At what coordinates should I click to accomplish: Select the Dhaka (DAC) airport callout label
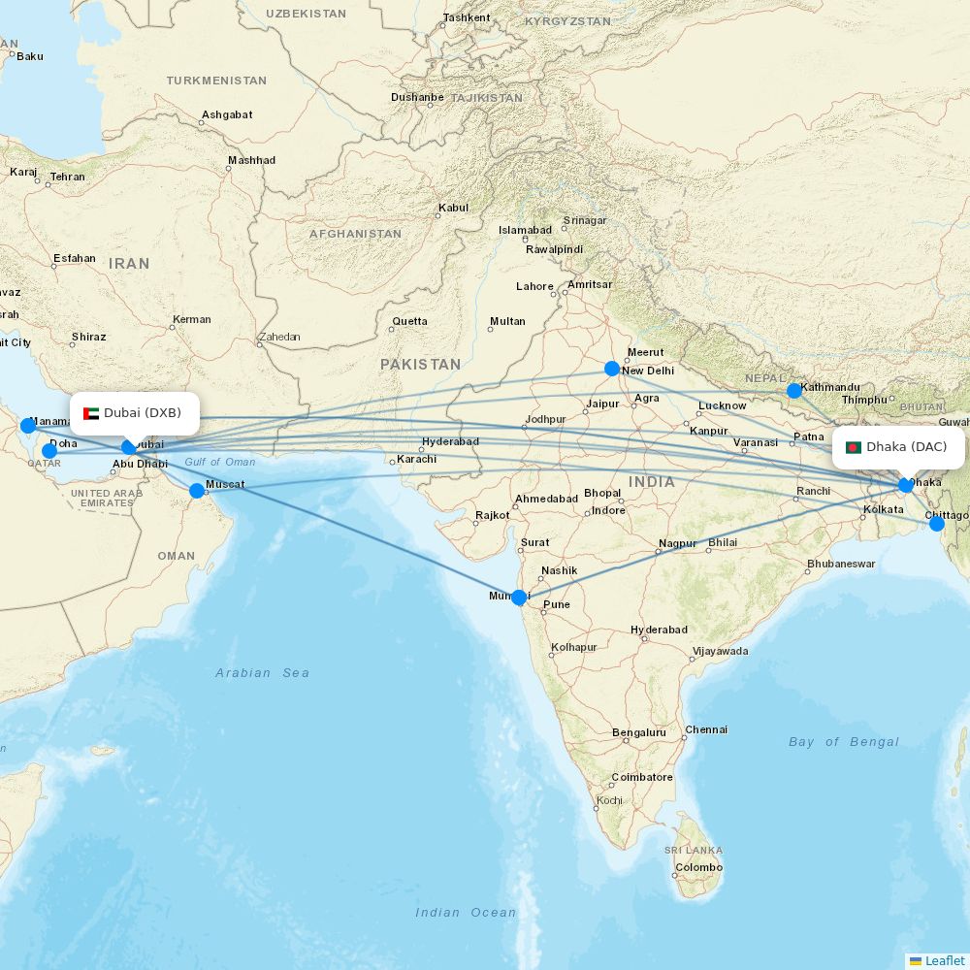[898, 447]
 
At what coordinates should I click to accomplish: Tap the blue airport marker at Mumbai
[519, 598]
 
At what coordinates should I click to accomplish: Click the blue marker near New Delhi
[612, 369]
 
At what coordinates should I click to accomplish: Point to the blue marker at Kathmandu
[794, 391]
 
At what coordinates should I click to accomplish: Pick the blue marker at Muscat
[197, 491]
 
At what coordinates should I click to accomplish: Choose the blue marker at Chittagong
[937, 524]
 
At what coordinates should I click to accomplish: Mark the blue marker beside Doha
[49, 451]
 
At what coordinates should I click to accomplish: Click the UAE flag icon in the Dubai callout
[92, 413]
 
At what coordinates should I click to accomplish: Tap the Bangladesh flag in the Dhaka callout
[854, 447]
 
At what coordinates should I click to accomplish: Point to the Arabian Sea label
[262, 673]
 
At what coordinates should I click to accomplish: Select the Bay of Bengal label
[844, 742]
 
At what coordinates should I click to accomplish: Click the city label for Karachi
[418, 458]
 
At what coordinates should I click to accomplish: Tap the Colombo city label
[699, 867]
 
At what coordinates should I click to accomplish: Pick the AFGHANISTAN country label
[355, 234]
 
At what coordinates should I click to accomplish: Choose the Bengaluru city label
[639, 732]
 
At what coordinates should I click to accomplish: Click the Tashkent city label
[467, 17]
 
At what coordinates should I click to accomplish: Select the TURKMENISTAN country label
[216, 81]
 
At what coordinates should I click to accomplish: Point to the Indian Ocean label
[466, 912]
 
